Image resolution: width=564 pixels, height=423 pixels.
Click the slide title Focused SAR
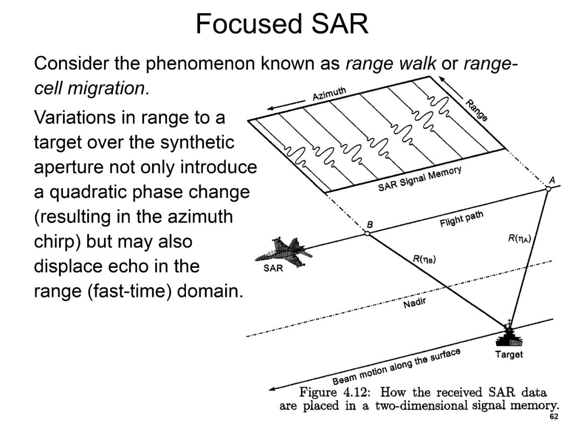click(282, 23)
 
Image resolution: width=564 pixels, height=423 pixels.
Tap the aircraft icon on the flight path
click(284, 251)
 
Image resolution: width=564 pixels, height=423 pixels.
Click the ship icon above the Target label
click(509, 334)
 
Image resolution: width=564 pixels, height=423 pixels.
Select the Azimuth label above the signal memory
click(329, 93)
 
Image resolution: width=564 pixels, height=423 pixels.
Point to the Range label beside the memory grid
click(477, 110)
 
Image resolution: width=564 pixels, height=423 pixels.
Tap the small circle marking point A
click(548, 189)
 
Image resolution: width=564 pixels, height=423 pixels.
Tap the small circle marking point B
click(367, 233)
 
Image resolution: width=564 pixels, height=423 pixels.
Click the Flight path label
click(462, 219)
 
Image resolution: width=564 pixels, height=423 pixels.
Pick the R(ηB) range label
click(424, 259)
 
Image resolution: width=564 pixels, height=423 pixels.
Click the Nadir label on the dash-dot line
click(414, 303)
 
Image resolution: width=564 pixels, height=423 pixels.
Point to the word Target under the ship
click(509, 354)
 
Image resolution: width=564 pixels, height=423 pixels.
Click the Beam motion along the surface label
click(396, 366)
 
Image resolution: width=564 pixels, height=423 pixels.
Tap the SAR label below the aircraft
click(273, 268)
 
